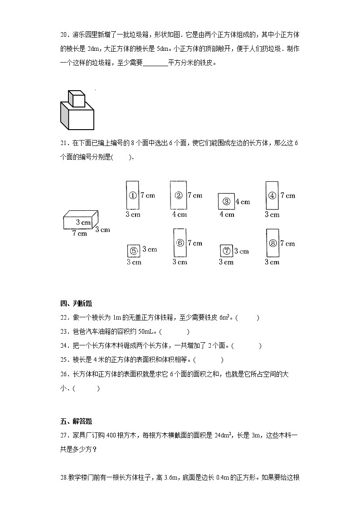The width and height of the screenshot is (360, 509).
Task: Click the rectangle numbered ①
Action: click(132, 195)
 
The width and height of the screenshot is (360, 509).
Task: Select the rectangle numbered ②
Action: click(178, 195)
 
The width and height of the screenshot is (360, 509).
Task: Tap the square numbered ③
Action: click(226, 202)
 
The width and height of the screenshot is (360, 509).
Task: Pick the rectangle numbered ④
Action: click(272, 195)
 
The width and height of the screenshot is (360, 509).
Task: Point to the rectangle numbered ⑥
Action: click(180, 242)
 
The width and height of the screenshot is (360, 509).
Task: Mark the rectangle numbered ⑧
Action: click(272, 243)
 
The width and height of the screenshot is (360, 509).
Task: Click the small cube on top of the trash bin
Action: click(77, 98)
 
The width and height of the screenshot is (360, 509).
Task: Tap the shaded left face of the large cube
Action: click(64, 116)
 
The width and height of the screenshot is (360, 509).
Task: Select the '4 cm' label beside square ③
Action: click(243, 202)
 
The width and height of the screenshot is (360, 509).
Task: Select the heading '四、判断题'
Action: click(76, 303)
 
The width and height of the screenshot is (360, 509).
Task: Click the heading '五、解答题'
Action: click(76, 421)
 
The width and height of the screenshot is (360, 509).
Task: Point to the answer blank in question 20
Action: click(155, 63)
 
